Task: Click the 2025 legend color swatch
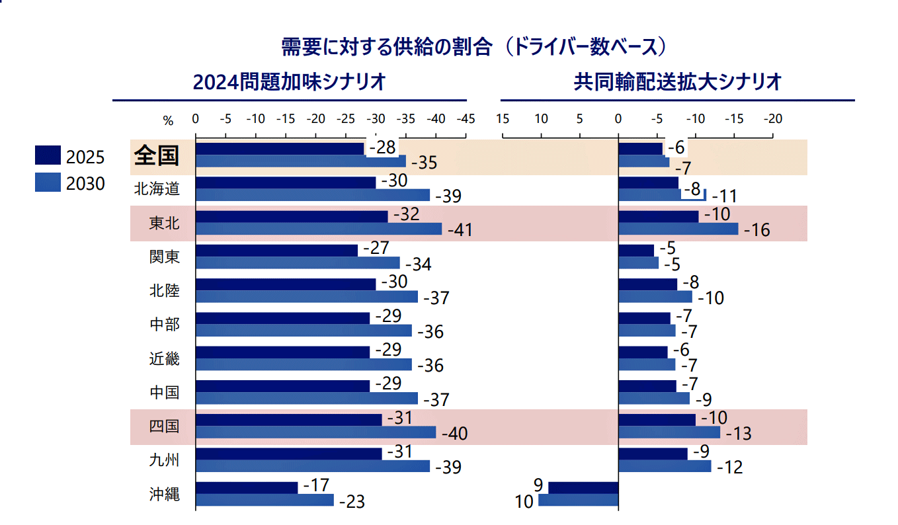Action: click(48, 155)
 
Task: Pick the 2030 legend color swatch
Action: click(48, 182)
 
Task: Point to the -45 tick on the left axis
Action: click(466, 119)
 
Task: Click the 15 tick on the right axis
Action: click(502, 119)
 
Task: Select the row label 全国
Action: click(157, 155)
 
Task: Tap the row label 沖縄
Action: click(164, 493)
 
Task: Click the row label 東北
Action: click(164, 223)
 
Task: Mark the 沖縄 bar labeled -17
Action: click(247, 487)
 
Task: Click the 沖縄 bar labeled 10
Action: click(578, 500)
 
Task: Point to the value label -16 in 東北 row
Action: click(756, 231)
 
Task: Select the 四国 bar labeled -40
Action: click(315, 432)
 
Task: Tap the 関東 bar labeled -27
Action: click(276, 251)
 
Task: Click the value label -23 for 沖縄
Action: click(351, 502)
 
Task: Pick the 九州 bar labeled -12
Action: click(664, 466)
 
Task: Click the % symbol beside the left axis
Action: click(168, 120)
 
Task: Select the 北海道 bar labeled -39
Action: click(313, 195)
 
